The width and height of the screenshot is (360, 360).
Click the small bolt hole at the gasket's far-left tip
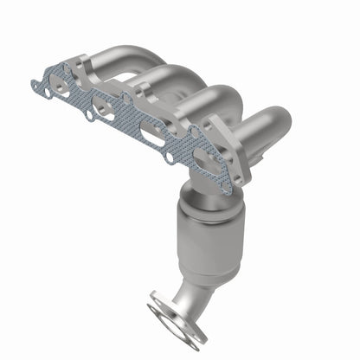coord(35,85)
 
